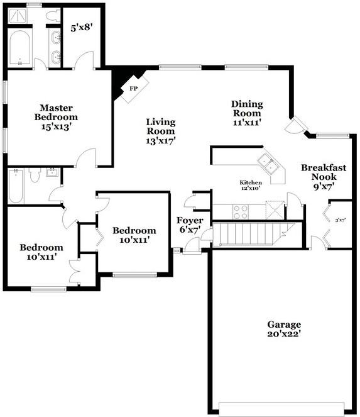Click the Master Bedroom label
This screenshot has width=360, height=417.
pyautogui.click(x=56, y=117)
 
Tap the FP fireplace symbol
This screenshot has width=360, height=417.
pyautogui.click(x=133, y=89)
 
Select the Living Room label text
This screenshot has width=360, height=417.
pyautogui.click(x=161, y=131)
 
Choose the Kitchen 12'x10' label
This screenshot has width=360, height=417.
pyautogui.click(x=251, y=185)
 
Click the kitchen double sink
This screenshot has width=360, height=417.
pyautogui.click(x=270, y=165)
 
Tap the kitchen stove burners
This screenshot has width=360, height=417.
pyautogui.click(x=241, y=212)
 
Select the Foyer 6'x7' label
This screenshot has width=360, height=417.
pyautogui.click(x=188, y=225)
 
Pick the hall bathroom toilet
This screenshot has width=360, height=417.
pyautogui.click(x=35, y=175)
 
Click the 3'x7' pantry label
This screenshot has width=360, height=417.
pyautogui.click(x=340, y=220)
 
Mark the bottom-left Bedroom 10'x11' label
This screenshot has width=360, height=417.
pyautogui.click(x=41, y=252)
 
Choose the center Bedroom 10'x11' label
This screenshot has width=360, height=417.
pyautogui.click(x=134, y=235)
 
